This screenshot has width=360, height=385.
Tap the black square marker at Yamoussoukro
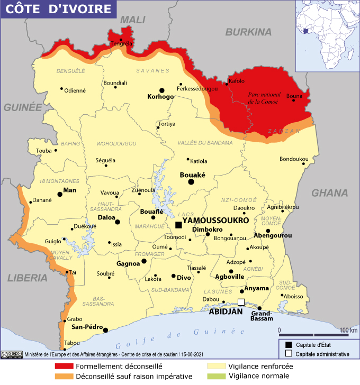point(179,225)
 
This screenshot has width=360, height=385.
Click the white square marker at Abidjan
point(241,302)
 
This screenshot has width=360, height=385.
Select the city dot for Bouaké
point(191,182)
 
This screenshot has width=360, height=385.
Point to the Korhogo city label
point(161,97)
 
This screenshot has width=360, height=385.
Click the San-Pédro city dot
point(106,330)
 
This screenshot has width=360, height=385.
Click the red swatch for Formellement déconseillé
point(64,366)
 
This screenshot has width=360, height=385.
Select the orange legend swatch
point(64,377)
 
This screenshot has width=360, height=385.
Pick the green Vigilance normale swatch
point(216,377)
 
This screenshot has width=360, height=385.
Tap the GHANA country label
point(329,192)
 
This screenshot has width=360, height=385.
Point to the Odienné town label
point(75,90)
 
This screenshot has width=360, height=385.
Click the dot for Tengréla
point(121,40)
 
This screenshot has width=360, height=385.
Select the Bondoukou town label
point(294,159)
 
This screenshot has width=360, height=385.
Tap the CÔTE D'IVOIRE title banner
point(59,10)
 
